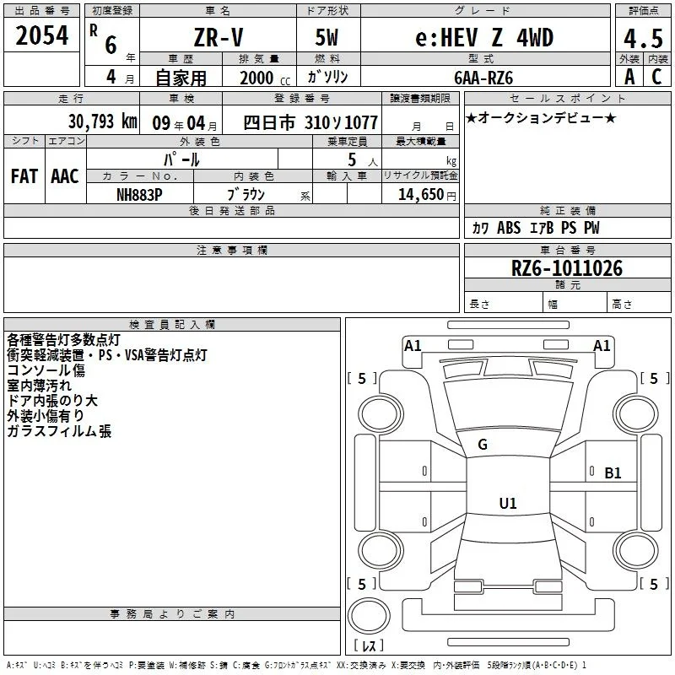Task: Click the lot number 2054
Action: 41,35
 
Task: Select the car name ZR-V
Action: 219,37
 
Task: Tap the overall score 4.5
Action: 643,39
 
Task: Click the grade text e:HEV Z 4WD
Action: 484,37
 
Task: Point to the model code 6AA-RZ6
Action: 483,78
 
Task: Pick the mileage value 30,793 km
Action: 102,121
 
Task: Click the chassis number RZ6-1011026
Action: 566,268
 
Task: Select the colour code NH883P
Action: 139,195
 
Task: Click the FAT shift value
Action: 24,176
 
